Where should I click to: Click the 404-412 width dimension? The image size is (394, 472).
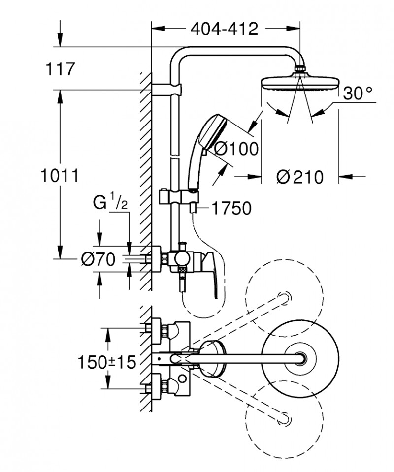click(x=225, y=30)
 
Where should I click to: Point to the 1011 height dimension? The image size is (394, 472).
click(x=60, y=175)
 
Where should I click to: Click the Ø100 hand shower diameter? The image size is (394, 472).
click(x=236, y=148)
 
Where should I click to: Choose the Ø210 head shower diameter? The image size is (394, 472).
click(x=299, y=177)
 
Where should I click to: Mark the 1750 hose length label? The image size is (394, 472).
click(x=231, y=209)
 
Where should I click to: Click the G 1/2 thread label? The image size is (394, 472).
click(x=110, y=202)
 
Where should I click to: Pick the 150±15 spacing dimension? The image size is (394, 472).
click(x=106, y=363)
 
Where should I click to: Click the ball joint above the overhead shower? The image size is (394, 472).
click(x=300, y=70)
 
